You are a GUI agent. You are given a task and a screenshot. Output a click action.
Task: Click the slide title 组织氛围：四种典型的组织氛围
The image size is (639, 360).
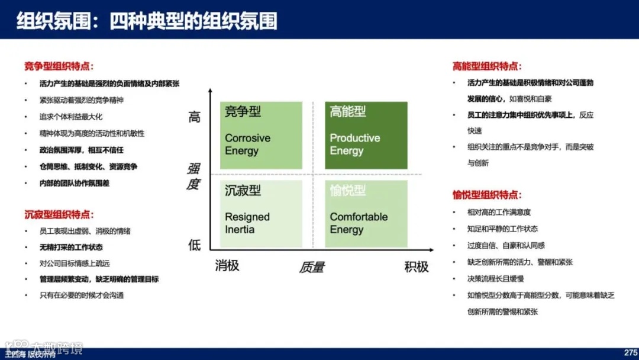pos(147,21)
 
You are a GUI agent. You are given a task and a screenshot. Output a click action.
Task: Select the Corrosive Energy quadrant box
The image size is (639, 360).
pos(261,136)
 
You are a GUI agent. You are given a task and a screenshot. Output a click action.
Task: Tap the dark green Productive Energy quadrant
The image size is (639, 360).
pos(366,136)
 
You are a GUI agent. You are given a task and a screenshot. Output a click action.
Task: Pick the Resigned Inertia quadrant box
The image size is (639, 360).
pos(261,214)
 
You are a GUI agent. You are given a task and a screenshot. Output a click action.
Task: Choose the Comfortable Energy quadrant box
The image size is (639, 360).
pos(366,214)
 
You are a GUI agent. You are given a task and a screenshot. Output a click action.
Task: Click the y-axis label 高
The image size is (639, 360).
pos(195,117)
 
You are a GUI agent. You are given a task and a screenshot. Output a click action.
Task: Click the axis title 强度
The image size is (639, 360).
pos(193,177)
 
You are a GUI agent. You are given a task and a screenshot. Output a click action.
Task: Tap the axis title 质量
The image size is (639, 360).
pos(311,268)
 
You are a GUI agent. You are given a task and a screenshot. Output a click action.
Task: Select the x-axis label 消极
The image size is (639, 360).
pos(227,265)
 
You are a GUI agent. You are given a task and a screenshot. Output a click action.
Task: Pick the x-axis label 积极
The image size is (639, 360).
pos(416,266)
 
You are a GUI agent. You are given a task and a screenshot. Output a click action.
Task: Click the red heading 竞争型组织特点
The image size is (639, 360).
pos(59,66)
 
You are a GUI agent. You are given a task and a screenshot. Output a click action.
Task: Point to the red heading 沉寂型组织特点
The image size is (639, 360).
pos(59,214)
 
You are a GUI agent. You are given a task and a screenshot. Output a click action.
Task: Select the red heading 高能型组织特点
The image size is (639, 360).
pos(487,66)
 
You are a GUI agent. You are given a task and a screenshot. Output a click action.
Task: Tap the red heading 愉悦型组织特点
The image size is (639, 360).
pos(487,195)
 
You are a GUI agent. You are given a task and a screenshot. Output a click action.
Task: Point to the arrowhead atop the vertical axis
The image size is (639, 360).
pos(210,91)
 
